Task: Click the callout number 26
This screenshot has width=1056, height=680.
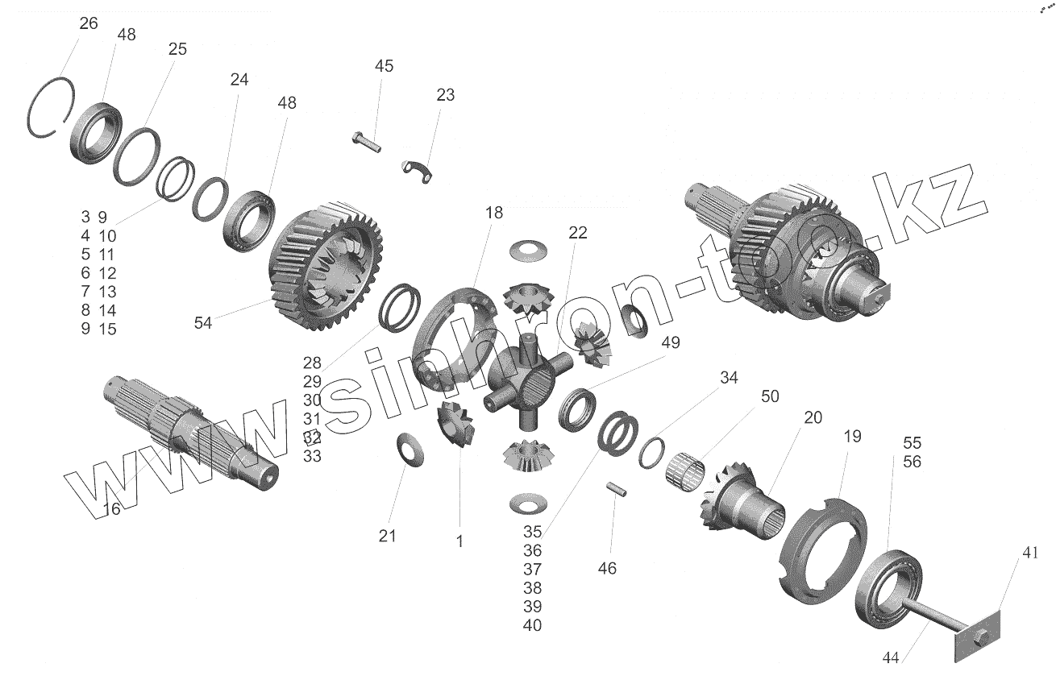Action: point(89,23)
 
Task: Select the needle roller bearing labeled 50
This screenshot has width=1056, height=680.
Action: point(686,469)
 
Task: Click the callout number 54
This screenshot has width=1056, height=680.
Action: point(203,322)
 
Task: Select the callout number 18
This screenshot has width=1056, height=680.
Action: point(494,213)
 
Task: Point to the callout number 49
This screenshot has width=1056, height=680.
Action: point(671,342)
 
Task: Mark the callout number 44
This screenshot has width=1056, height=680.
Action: point(890,657)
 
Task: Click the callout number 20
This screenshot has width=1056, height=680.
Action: point(813,417)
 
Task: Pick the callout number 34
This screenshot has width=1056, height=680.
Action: point(729,378)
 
